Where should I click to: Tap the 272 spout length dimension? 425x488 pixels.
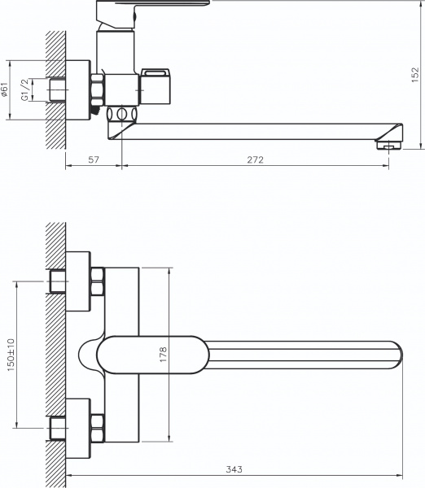click(x=255, y=160)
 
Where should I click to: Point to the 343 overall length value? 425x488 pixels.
click(x=234, y=469)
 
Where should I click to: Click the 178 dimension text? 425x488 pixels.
click(x=163, y=354)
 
